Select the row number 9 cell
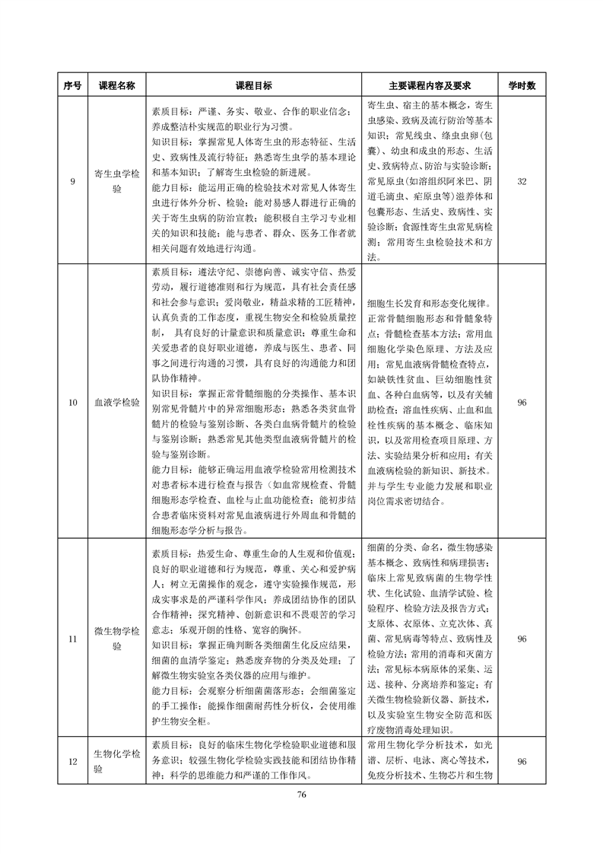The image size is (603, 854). pyautogui.click(x=73, y=181)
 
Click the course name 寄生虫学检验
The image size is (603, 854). pyautogui.click(x=116, y=181)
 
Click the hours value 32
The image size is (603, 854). pyautogui.click(x=522, y=181)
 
